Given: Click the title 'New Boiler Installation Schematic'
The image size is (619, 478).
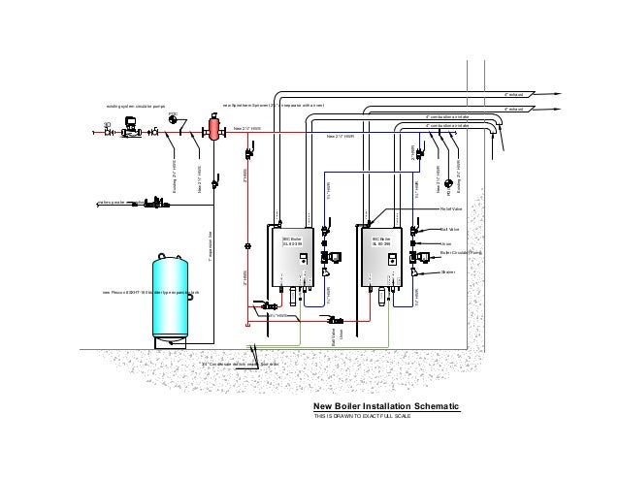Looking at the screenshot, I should click(381, 407).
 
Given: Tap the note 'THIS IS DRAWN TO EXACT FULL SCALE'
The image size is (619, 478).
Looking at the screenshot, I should click(362, 417).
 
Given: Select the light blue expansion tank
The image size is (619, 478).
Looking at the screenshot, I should click(174, 298).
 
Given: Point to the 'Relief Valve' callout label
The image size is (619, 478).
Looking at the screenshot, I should click(451, 208).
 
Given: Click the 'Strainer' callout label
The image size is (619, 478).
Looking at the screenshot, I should click(447, 272).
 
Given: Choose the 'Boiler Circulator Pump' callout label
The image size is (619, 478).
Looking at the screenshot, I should click(461, 251).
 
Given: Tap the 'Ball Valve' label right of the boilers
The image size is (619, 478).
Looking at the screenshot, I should click(449, 230).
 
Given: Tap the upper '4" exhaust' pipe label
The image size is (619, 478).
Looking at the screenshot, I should click(514, 95).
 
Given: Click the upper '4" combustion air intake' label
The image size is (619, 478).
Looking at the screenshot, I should click(447, 114).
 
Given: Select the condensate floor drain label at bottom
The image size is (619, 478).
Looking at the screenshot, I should click(240, 364).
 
